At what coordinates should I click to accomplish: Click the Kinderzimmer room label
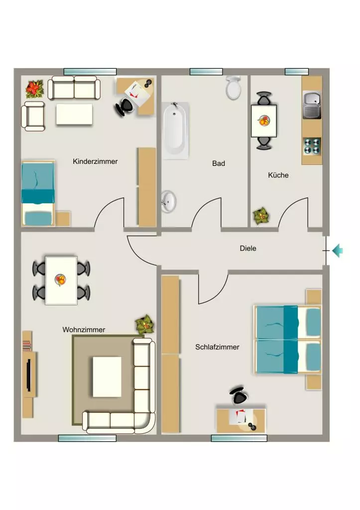pyautogui.click(x=95, y=161)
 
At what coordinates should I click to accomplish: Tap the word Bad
pyautogui.click(x=219, y=163)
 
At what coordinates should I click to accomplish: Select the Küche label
pyautogui.click(x=278, y=175)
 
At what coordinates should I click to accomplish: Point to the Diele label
pyautogui.click(x=248, y=248)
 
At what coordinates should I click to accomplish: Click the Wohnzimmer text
pyautogui.click(x=84, y=330)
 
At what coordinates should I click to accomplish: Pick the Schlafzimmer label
pyautogui.click(x=217, y=347)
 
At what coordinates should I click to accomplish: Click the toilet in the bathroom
pyautogui.click(x=233, y=88)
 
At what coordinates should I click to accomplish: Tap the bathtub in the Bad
pyautogui.click(x=175, y=130)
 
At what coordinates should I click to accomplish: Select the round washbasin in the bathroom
pyautogui.click(x=168, y=201)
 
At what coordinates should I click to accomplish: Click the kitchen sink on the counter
pyautogui.click(x=312, y=105)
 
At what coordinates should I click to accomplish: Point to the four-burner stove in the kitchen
pyautogui.click(x=312, y=146)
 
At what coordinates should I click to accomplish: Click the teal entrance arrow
pyautogui.click(x=338, y=251)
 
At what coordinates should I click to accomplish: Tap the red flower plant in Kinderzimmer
pyautogui.click(x=35, y=89)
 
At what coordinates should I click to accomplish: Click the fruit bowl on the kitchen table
pyautogui.click(x=264, y=121)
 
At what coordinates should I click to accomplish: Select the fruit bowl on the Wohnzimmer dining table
pyautogui.click(x=60, y=280)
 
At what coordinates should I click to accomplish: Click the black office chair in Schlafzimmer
pyautogui.click(x=239, y=395)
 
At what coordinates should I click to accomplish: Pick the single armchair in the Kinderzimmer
pyautogui.click(x=33, y=116)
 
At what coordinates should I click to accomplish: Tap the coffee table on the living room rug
pyautogui.click(x=107, y=377)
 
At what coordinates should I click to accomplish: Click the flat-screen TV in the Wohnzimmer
pyautogui.click(x=28, y=375)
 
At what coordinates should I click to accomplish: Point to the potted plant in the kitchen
pyautogui.click(x=261, y=216)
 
